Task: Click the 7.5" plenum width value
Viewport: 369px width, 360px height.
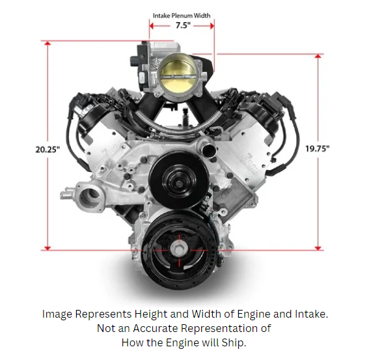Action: (182, 26)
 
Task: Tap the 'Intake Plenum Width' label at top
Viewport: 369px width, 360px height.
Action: (182, 15)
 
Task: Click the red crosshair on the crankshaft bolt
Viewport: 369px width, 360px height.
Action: (177, 249)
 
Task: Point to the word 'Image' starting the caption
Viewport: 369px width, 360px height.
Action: (57, 314)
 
